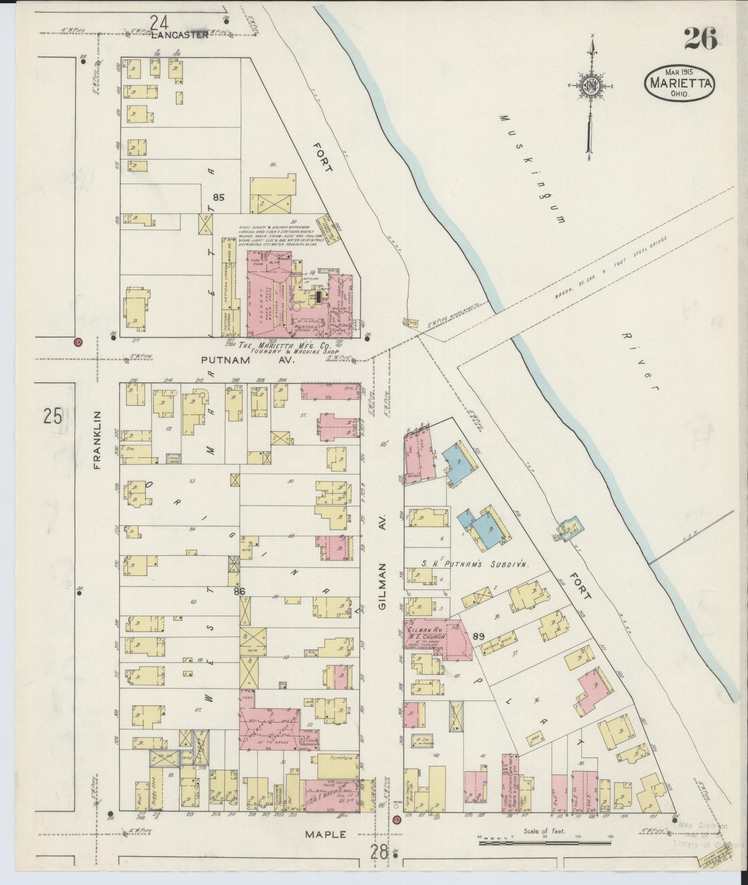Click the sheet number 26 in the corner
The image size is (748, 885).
[700, 39]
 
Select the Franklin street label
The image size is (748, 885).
[97, 440]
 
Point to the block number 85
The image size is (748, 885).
[218, 198]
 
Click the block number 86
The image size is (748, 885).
[239, 591]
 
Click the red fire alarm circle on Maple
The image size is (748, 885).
[397, 818]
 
